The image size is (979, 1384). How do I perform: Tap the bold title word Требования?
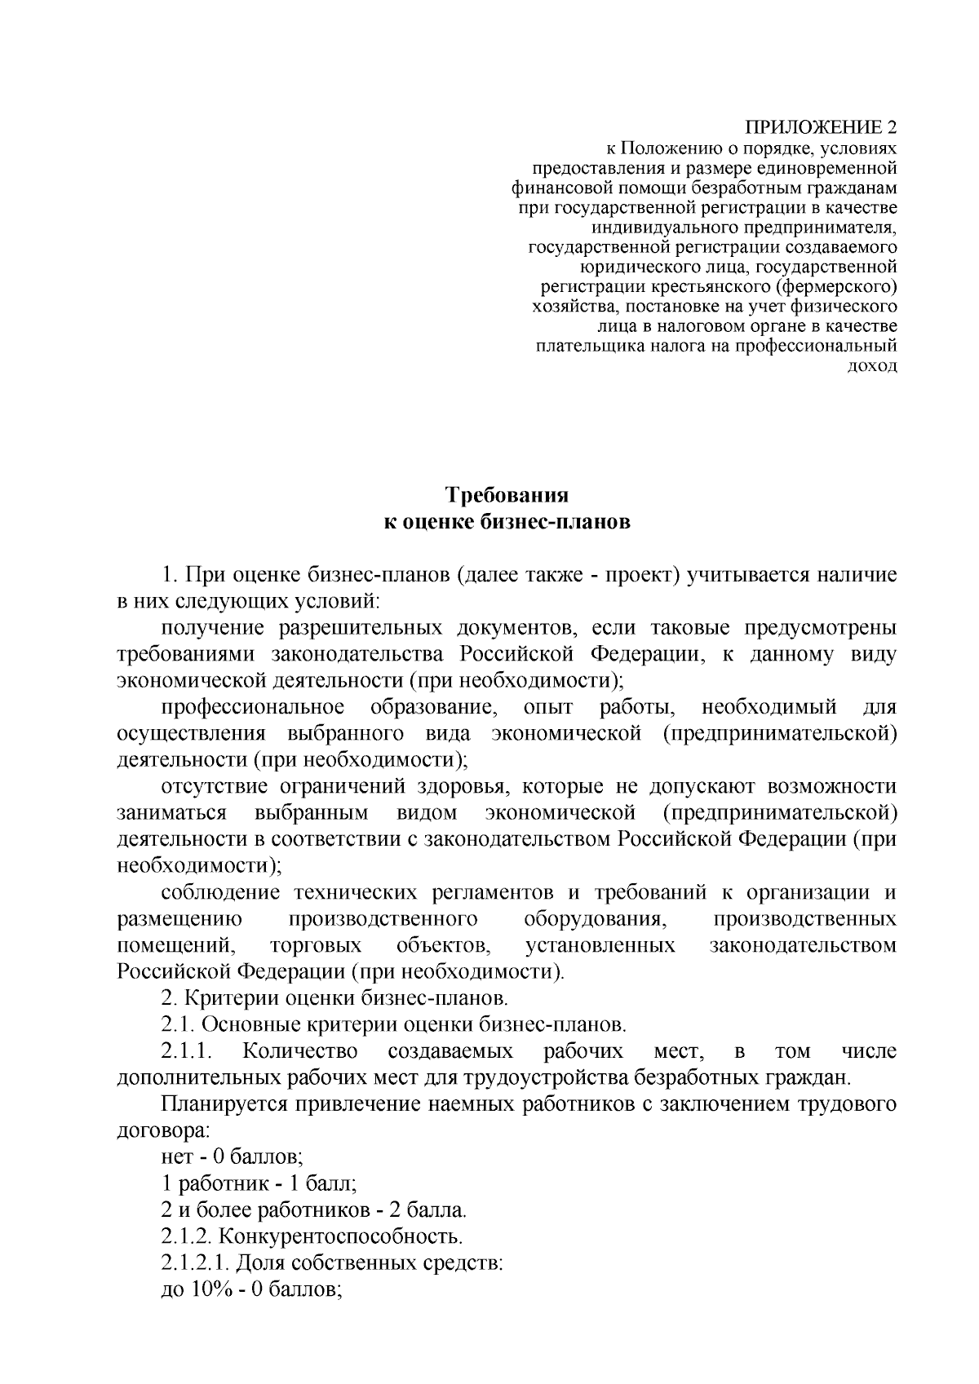506,495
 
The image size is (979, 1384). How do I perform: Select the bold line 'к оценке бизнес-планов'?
506,522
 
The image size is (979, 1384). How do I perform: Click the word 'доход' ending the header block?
874,365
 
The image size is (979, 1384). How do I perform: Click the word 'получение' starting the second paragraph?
212,629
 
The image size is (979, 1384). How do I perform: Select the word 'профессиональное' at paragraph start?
253,707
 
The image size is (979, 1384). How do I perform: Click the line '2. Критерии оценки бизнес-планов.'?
334,998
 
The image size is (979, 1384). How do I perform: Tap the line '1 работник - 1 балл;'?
259,1183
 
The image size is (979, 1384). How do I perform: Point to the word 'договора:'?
162,1131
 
